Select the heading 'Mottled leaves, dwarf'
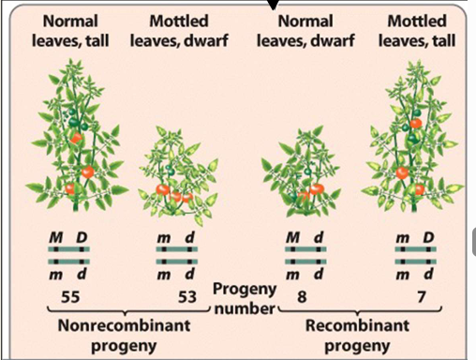[x=180, y=29]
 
